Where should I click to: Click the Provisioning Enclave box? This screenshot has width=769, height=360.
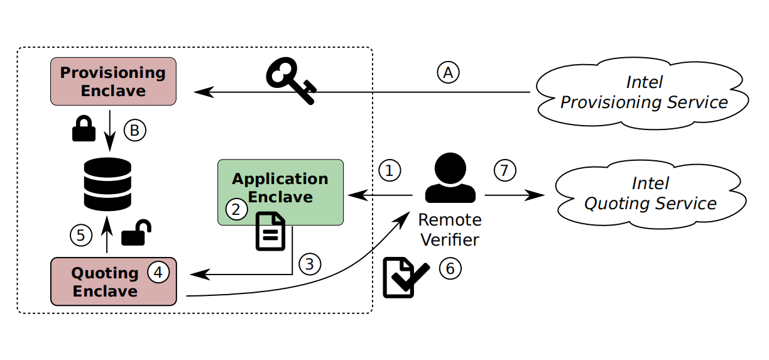click(x=113, y=81)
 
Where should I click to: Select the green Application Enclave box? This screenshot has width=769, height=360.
click(x=280, y=192)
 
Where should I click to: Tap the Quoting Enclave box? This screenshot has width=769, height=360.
click(x=113, y=281)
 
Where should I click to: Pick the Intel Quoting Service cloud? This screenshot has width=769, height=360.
click(x=650, y=194)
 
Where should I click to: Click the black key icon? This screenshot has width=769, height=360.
click(x=291, y=80)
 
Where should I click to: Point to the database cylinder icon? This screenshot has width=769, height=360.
click(x=107, y=183)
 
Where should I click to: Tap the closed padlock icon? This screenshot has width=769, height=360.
click(x=84, y=129)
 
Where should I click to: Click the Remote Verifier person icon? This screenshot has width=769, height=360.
click(x=450, y=180)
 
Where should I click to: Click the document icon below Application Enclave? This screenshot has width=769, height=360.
click(x=270, y=231)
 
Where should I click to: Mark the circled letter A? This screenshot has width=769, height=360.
click(x=448, y=72)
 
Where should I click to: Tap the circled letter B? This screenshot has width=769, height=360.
click(x=134, y=130)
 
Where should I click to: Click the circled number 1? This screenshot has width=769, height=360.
click(x=390, y=170)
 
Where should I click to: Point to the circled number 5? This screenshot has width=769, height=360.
click(x=80, y=236)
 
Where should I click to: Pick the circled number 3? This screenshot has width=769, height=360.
click(x=309, y=264)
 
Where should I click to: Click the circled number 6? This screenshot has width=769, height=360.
click(x=449, y=268)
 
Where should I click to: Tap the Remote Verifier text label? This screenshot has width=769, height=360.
click(x=450, y=229)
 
